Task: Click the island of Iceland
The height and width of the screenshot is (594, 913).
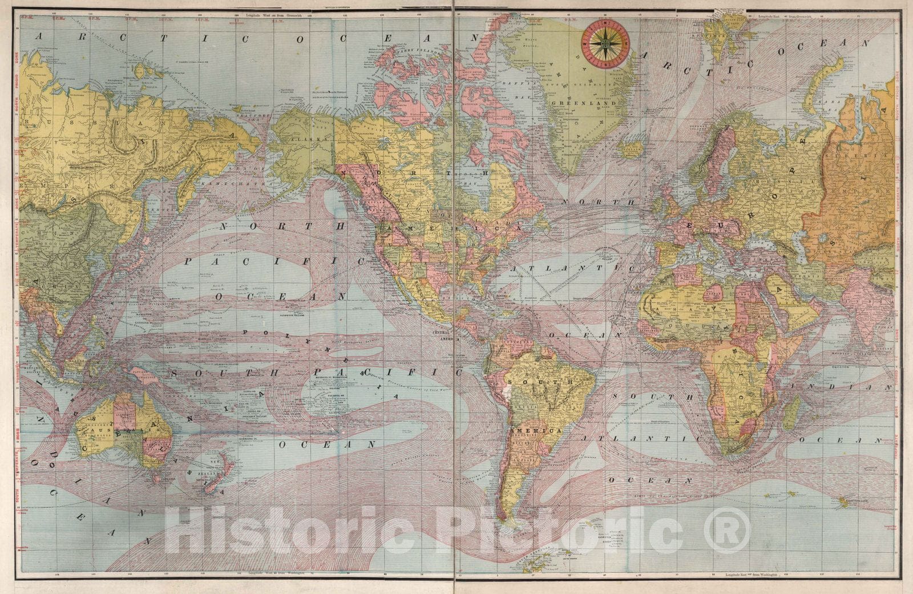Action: click(x=631, y=149)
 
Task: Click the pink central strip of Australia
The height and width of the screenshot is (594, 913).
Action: click(x=124, y=411)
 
